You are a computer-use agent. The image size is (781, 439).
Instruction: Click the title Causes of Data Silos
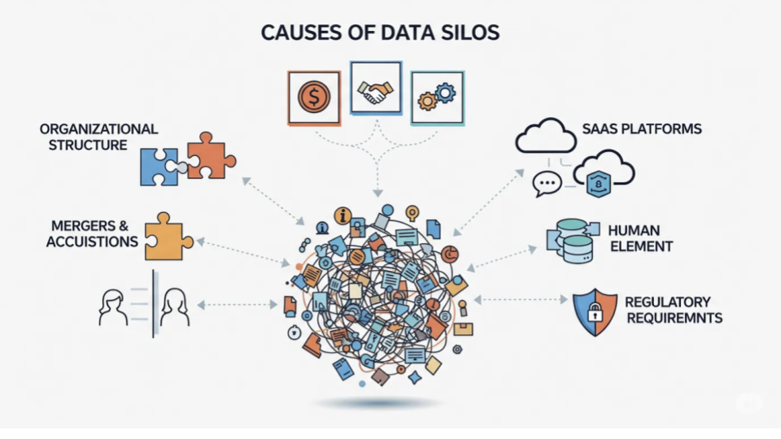pyautogui.click(x=380, y=33)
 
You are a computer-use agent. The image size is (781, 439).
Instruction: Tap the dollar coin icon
pyautogui.click(x=312, y=98)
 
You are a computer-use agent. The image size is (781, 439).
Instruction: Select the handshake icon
pyautogui.click(x=375, y=93)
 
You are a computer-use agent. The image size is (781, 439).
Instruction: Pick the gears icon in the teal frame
pyautogui.click(x=437, y=98)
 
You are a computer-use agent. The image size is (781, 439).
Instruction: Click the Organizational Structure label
pyautogui.click(x=98, y=137)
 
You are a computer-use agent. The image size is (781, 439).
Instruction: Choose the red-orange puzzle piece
pyautogui.click(x=208, y=154)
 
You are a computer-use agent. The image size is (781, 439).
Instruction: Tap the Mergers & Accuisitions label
pyautogui.click(x=91, y=233)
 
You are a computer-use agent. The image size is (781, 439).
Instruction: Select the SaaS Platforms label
pyautogui.click(x=642, y=129)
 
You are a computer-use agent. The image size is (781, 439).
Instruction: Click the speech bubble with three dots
pyautogui.click(x=547, y=184)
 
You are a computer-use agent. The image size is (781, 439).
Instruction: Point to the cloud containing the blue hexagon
pyautogui.click(x=604, y=172)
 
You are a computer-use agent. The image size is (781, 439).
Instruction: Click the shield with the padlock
pyautogui.click(x=595, y=313)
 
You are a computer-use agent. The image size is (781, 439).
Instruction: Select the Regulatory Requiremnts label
pyautogui.click(x=673, y=310)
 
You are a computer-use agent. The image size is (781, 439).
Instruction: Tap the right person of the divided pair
pyautogui.click(x=176, y=307)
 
